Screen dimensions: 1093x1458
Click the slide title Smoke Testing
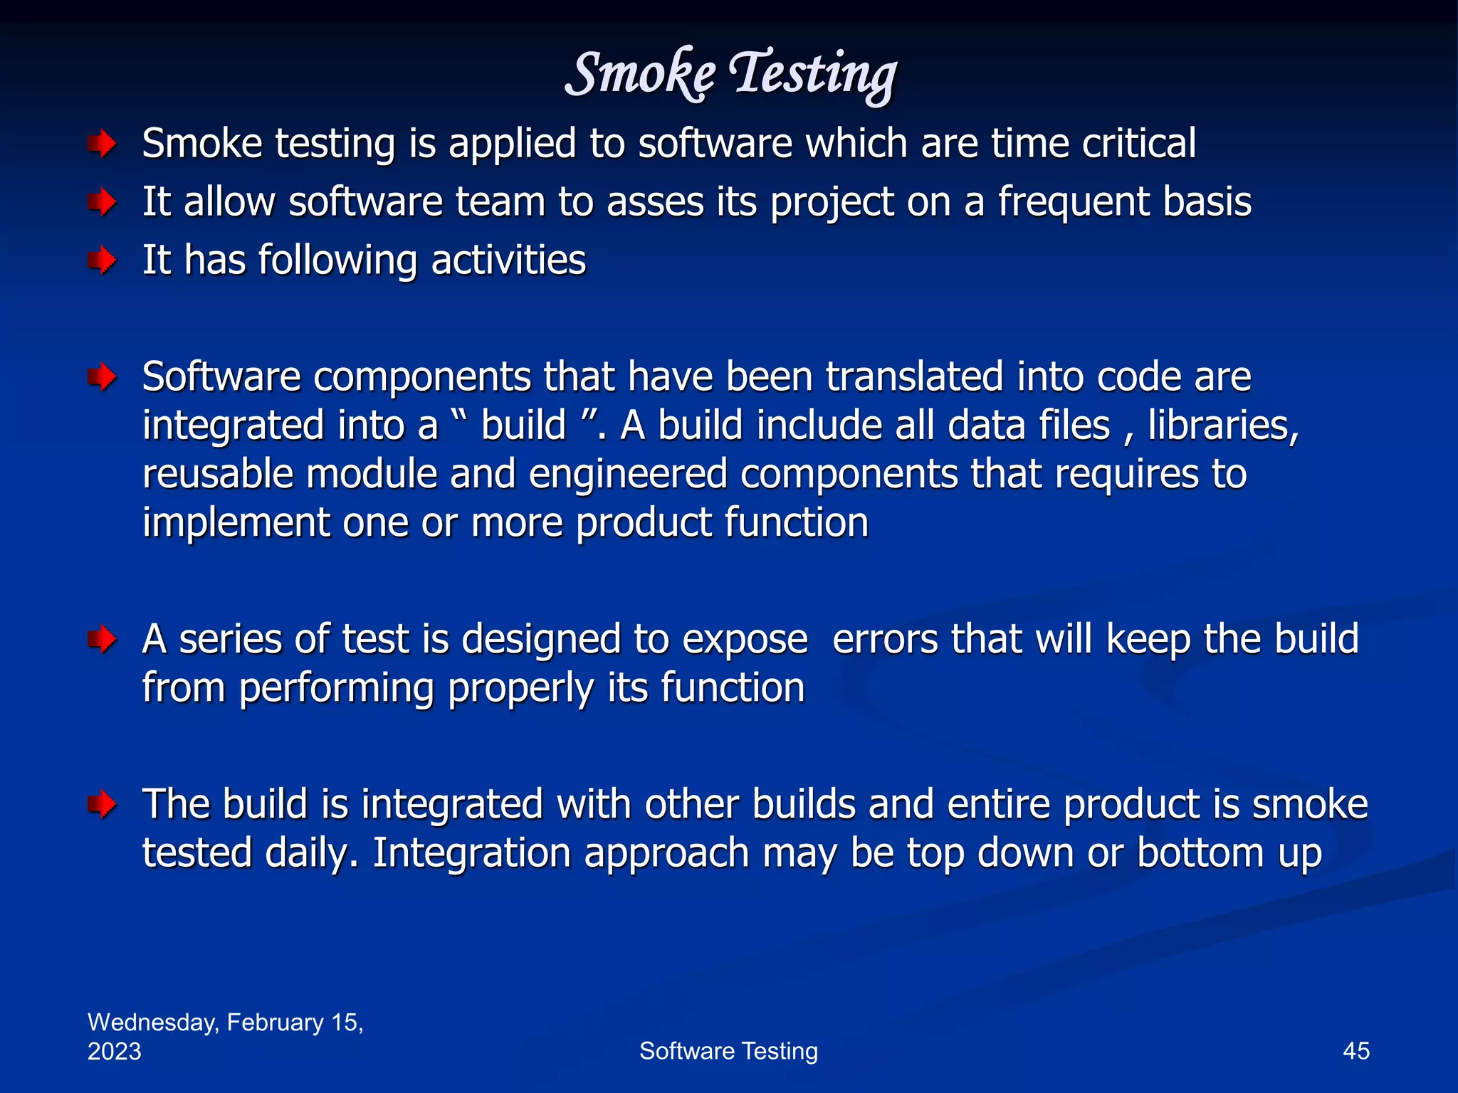tap(730, 74)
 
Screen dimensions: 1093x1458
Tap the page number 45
tap(1355, 1051)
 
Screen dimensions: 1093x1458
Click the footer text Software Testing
tap(728, 1051)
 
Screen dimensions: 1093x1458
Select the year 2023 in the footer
tap(114, 1052)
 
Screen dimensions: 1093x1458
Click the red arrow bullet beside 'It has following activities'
tap(103, 260)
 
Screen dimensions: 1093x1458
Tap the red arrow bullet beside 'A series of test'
tap(103, 639)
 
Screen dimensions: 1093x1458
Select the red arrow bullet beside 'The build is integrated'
tap(103, 805)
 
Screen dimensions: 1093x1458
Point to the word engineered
tap(628, 475)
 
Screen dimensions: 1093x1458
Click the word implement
tap(236, 524)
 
